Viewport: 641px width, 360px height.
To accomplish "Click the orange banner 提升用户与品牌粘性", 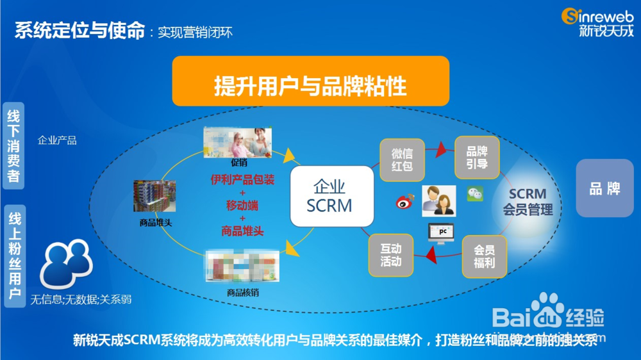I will coord(310,81).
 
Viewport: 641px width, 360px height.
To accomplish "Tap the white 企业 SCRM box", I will coord(331,196).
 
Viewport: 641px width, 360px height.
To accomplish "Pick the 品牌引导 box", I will coord(477,158).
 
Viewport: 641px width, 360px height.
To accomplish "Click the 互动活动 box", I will coord(391,255).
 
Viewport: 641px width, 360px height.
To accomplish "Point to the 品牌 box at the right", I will coord(604,188).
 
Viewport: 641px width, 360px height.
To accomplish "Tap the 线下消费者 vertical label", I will coord(13,145).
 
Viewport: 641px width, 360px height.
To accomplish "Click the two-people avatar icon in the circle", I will coord(439,200).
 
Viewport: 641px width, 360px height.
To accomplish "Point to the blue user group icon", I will coord(67,262).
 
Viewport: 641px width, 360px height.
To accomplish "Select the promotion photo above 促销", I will coord(238,142).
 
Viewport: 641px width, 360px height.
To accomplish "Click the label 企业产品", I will coord(57,140).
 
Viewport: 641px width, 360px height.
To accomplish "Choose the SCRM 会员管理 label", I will coord(527,201).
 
